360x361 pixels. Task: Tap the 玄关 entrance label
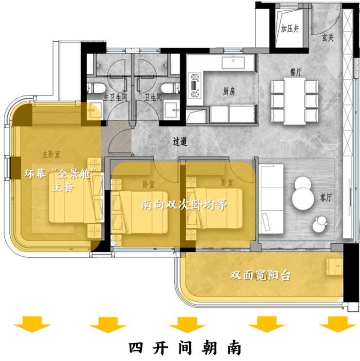tap(328, 38)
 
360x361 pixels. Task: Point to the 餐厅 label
tap(296, 72)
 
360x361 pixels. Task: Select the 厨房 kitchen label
tap(229, 91)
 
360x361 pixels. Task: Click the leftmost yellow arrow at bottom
tap(32, 324)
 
